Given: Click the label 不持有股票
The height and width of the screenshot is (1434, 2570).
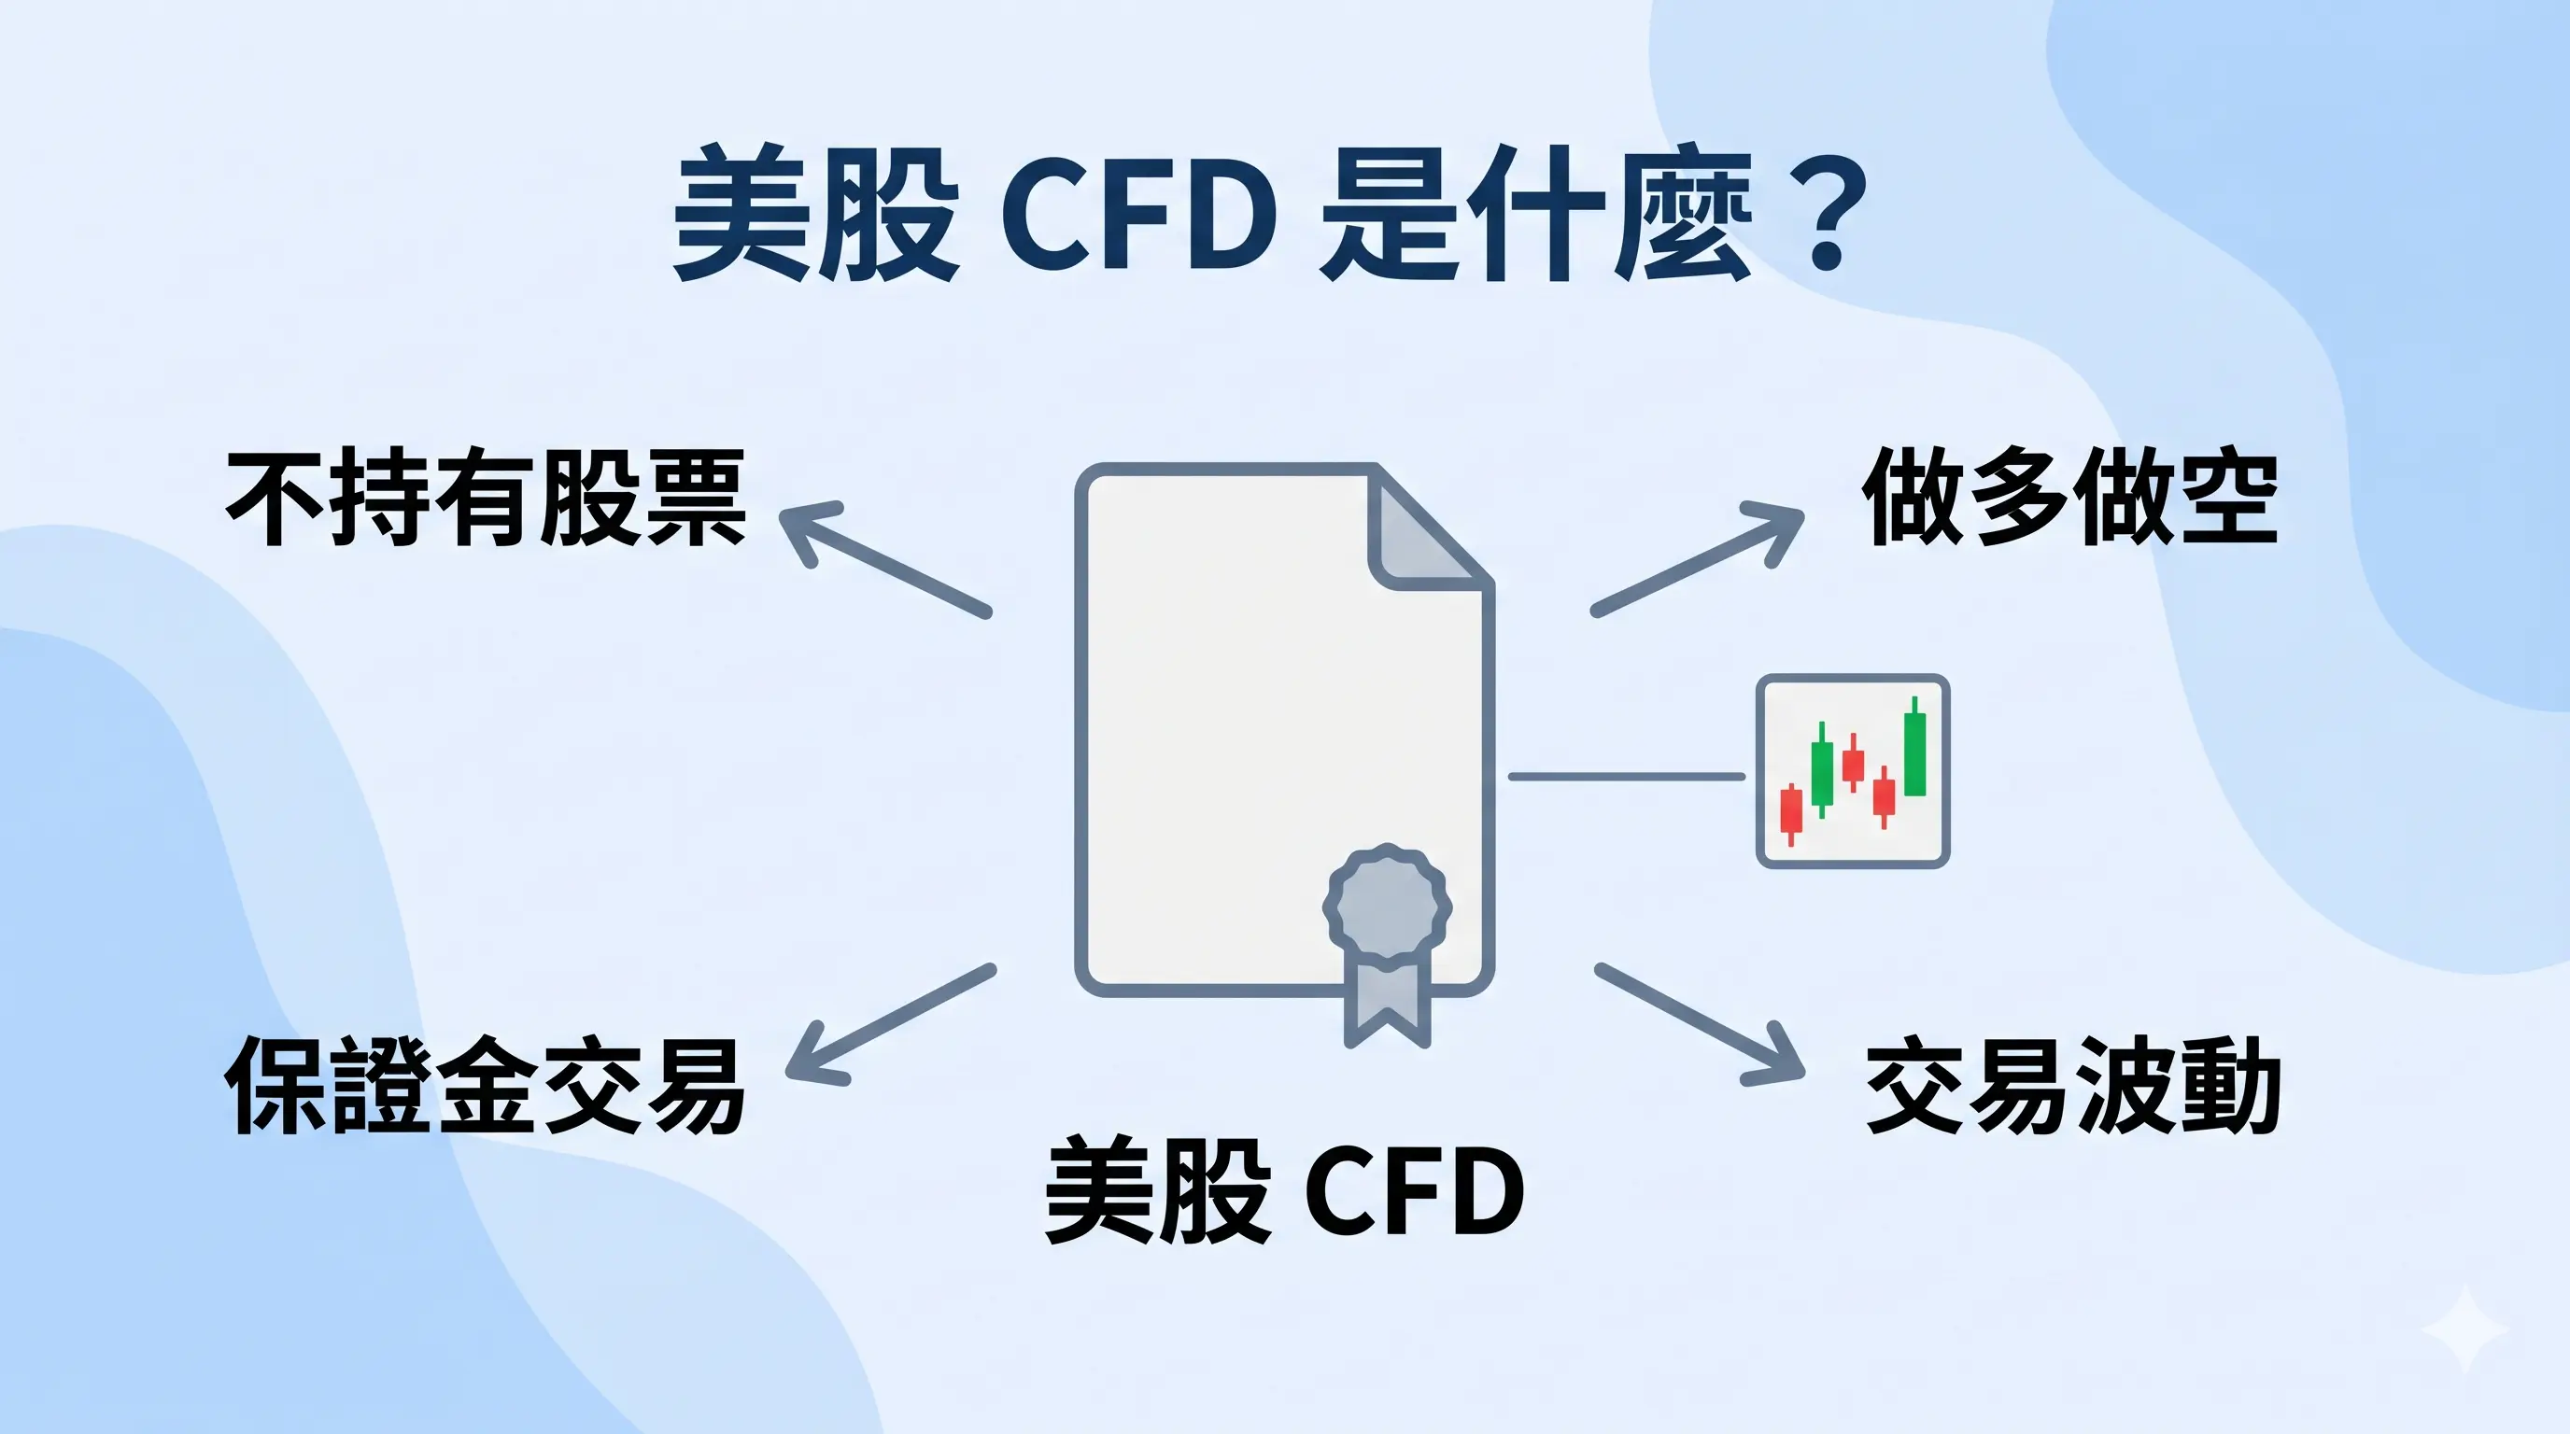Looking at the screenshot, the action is tap(486, 498).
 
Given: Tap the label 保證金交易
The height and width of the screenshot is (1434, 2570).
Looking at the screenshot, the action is tap(486, 1085).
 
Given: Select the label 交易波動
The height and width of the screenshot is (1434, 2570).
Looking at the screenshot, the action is tap(2073, 1085).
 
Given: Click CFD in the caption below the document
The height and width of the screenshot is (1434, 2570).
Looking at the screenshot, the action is tap(1415, 1191).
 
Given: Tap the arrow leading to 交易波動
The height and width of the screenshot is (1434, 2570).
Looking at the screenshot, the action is tap(1701, 1024).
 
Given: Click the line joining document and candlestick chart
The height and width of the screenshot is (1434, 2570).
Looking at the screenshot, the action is tap(1626, 776).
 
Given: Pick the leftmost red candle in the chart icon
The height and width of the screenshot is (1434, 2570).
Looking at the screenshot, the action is tap(1791, 809).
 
